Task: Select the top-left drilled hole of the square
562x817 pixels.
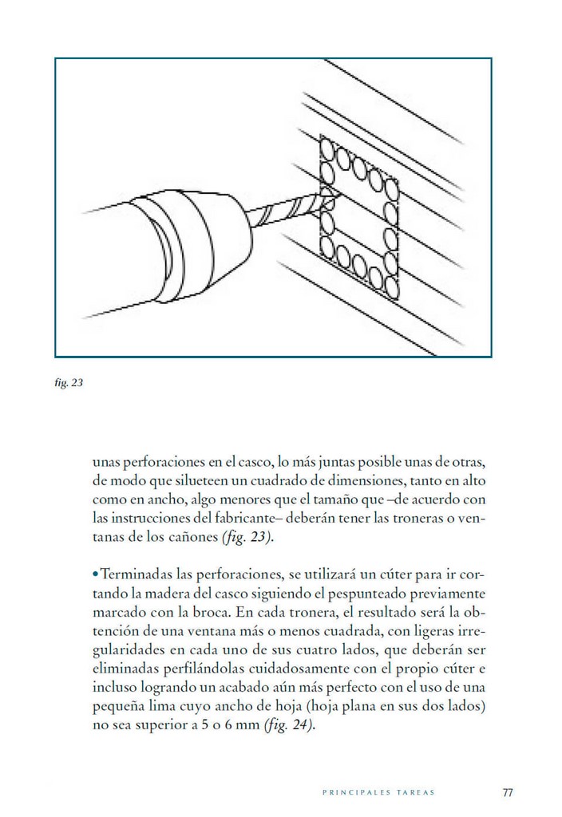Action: pyautogui.click(x=327, y=150)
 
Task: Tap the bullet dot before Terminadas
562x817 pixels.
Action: pyautogui.click(x=95, y=574)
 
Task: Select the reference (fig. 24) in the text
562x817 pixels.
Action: pyautogui.click(x=288, y=725)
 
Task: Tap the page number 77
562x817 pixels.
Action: pyautogui.click(x=507, y=793)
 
